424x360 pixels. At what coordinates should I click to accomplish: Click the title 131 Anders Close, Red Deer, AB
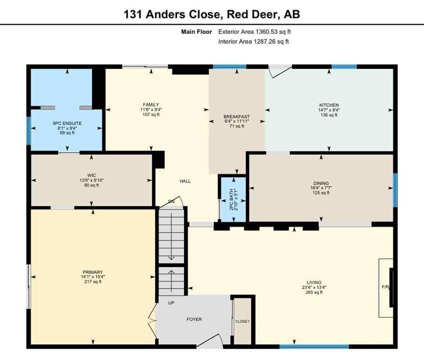212,15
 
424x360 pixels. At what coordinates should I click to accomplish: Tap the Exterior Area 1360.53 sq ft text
257,32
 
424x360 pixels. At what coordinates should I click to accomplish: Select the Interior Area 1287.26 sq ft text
253,42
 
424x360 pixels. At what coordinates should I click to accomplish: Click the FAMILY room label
151,105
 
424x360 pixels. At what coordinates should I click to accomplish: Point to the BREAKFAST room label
236,116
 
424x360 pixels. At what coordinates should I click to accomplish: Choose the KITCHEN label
329,105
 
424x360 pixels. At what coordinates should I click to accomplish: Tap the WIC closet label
91,175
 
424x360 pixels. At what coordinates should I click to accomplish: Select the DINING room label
321,183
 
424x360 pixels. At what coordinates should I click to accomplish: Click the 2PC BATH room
232,198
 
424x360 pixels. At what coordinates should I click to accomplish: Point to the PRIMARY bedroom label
92,272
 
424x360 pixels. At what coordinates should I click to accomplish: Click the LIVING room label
312,283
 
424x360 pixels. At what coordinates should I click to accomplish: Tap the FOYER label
194,319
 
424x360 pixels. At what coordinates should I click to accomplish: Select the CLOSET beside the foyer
242,321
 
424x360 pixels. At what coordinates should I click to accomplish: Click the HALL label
185,181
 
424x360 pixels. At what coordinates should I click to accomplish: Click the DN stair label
171,202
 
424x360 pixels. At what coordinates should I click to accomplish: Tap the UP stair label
171,303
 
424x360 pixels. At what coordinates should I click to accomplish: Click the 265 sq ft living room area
312,292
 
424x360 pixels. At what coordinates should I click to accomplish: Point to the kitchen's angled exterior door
280,70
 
